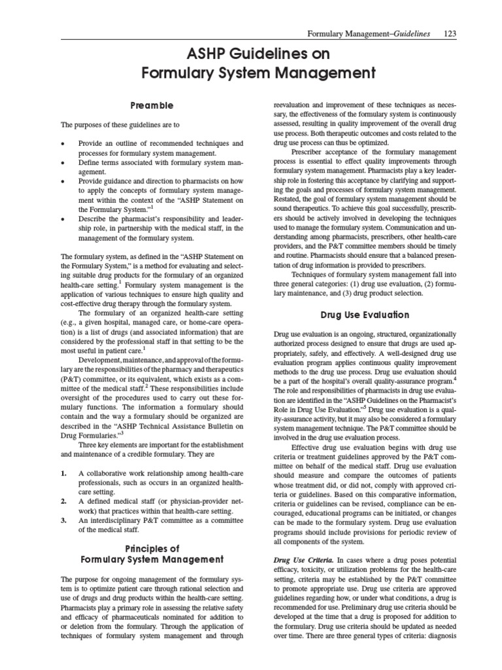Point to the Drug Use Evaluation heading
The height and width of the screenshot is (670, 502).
(365, 315)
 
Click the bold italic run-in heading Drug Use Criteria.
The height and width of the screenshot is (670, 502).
(302, 561)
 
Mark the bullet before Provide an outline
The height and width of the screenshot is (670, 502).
(61, 143)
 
